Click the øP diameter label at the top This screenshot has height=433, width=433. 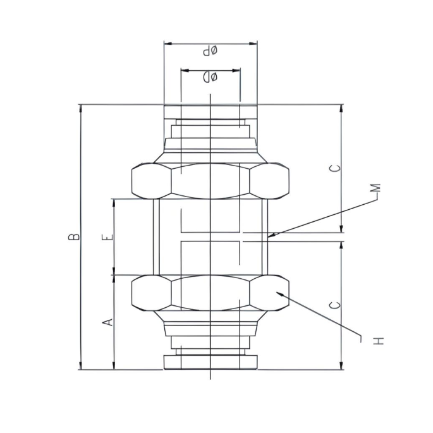point(210,51)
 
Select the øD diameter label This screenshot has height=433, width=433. point(210,77)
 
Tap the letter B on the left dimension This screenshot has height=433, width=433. point(74,236)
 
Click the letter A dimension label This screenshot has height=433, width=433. point(107,322)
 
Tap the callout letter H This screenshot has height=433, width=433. point(378,341)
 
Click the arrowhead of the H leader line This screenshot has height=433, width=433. point(276,292)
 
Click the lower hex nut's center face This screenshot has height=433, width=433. point(210,293)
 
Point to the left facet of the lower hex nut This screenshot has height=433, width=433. point(151,293)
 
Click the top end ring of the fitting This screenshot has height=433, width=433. point(210,112)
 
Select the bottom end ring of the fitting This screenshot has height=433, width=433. point(210,362)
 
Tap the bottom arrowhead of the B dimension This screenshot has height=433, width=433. point(81,367)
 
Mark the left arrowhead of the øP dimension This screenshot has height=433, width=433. point(166,44)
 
